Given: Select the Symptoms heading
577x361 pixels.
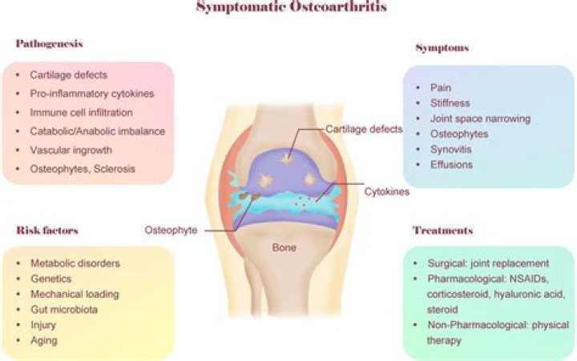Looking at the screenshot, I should [442, 49].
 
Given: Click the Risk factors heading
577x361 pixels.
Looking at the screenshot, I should [48, 231].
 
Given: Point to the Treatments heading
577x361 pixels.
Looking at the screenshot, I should [442, 231].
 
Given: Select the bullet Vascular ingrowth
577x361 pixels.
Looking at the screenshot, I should [71, 150].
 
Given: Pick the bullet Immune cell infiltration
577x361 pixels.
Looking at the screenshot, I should [82, 113].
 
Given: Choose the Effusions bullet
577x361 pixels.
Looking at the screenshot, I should [453, 165].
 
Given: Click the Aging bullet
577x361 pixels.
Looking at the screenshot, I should [45, 340].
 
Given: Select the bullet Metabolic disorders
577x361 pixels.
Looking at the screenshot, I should [76, 263].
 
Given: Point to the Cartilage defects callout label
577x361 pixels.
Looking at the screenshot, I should [364, 128].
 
